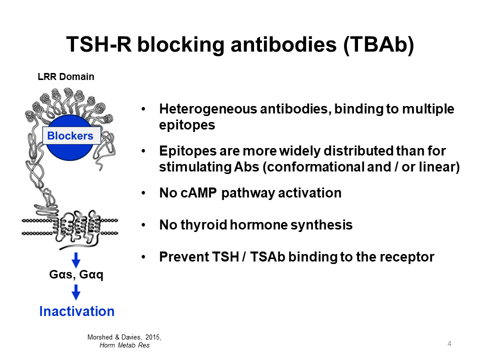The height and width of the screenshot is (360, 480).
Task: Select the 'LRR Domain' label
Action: (x=66, y=76)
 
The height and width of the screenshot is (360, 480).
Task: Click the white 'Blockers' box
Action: (x=70, y=135)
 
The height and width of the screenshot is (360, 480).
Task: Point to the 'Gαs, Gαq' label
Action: (x=76, y=274)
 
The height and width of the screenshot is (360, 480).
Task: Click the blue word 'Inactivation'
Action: (x=76, y=311)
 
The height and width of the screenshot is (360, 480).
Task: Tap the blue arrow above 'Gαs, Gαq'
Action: (x=76, y=260)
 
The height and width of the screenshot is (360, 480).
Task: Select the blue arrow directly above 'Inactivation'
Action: (x=76, y=292)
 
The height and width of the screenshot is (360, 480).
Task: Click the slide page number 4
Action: (x=449, y=343)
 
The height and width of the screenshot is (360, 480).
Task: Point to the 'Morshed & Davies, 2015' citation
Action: (x=124, y=337)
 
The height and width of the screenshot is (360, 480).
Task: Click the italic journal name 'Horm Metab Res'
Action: (x=124, y=345)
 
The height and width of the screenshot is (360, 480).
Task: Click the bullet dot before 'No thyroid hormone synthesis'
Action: (x=144, y=225)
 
